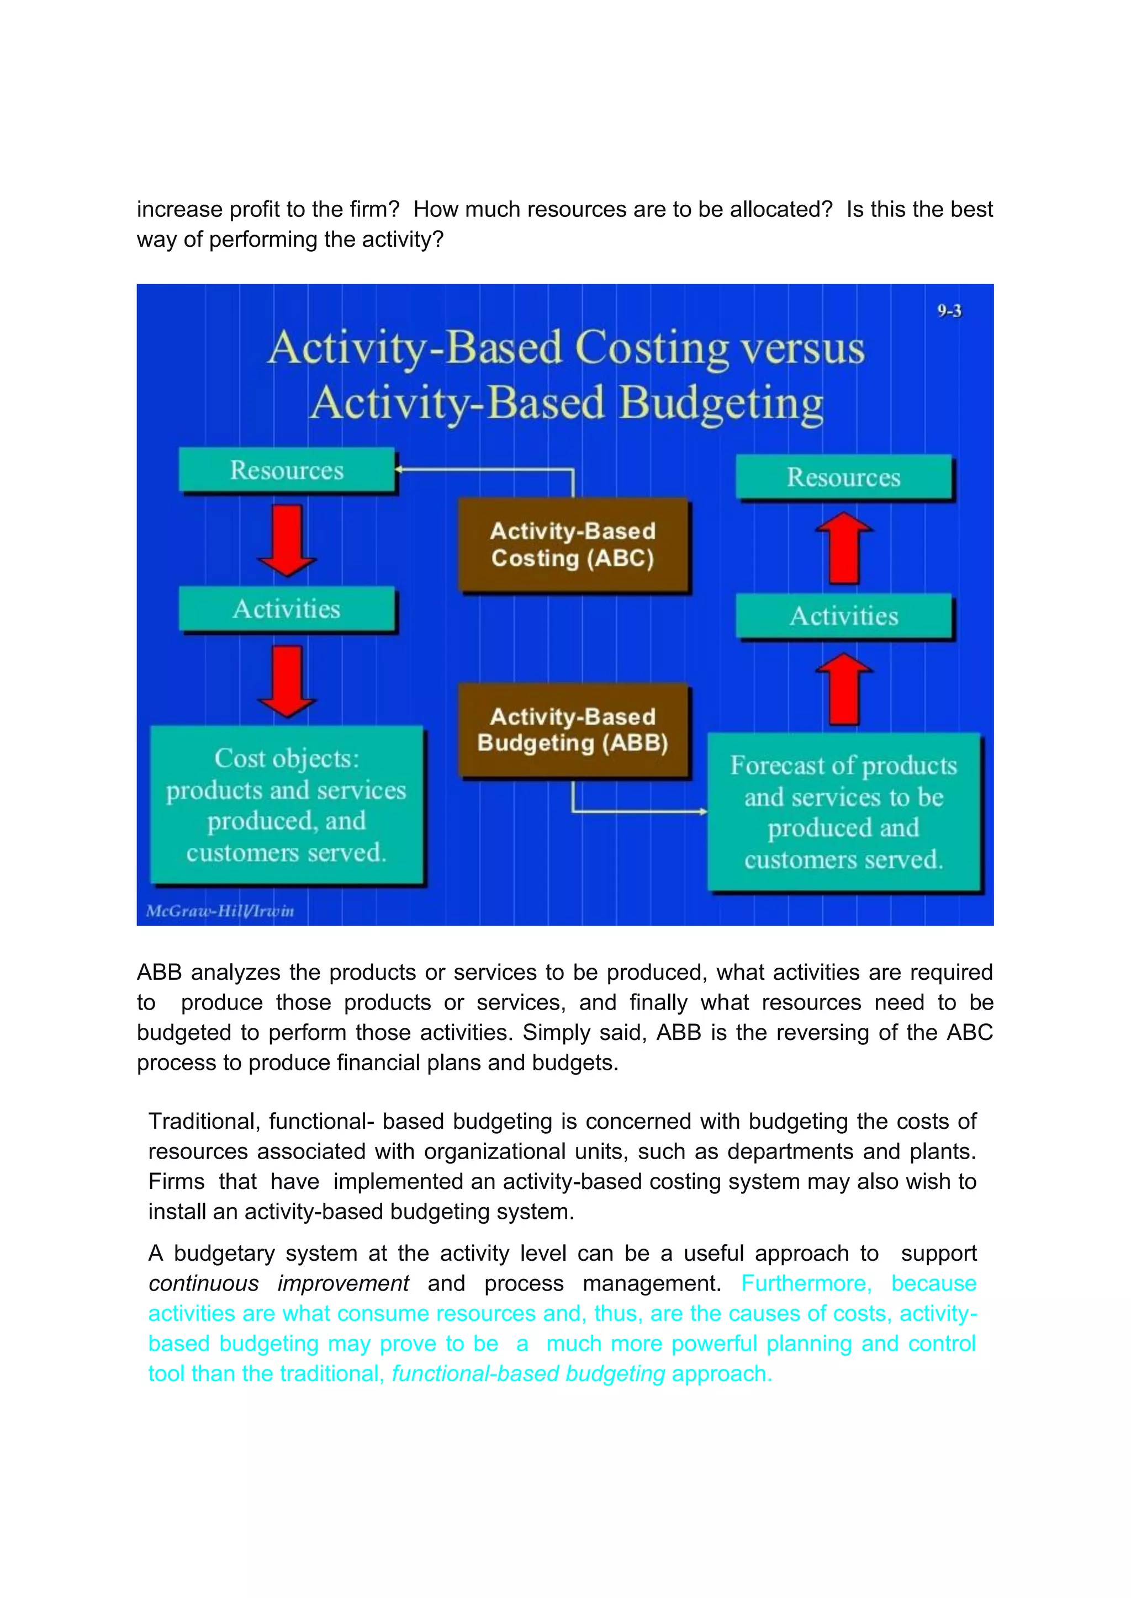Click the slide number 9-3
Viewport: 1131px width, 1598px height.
949,311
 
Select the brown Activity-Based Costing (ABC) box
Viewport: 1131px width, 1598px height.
573,544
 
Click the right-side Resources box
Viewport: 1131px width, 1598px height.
843,477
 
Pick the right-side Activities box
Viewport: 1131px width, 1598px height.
843,615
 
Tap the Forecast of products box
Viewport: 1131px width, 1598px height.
843,811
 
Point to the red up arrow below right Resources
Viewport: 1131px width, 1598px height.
843,548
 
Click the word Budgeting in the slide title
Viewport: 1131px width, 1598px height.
721,403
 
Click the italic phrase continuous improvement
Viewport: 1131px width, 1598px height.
278,1283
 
